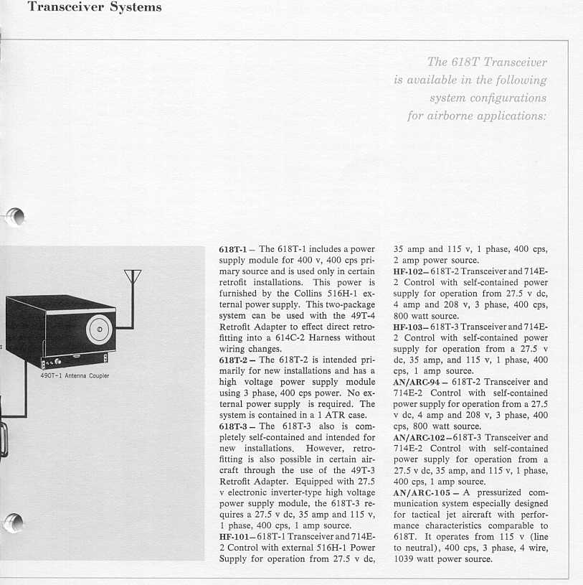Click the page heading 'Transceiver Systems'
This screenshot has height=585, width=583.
point(94,8)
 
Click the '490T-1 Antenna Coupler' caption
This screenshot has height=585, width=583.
point(75,375)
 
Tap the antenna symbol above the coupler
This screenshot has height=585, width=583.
point(133,277)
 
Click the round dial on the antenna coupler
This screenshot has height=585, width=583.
point(100,329)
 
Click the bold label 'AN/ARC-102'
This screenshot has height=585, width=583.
point(421,437)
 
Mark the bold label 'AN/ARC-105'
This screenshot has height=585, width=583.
point(421,493)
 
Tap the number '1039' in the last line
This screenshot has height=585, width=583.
point(405,559)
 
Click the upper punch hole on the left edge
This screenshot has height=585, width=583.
point(15,215)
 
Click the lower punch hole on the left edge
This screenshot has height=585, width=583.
point(15,523)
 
